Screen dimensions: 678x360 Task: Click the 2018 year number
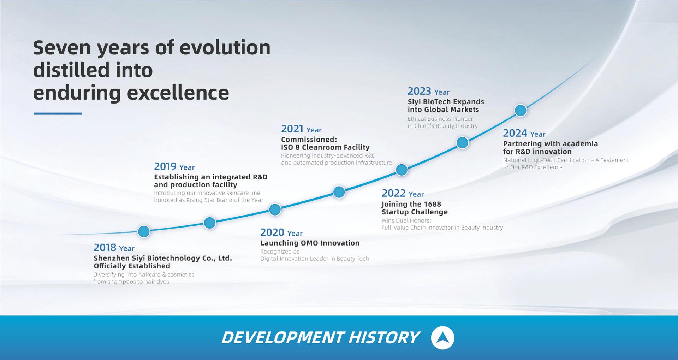(105, 247)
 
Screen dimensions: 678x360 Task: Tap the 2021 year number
(292, 129)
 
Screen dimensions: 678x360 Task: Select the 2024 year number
(515, 133)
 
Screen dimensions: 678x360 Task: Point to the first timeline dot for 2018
(144, 231)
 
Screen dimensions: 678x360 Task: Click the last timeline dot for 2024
(520, 111)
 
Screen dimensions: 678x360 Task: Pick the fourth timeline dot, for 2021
(339, 192)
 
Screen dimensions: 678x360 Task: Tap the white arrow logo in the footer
(442, 338)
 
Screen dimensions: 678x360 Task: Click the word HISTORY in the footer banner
(383, 337)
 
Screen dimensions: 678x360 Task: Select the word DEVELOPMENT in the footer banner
(282, 337)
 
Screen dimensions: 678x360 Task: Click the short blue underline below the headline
(58, 113)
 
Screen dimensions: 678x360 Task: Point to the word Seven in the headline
(62, 47)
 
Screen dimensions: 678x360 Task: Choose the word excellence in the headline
(178, 93)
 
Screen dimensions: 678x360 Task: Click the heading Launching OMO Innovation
(310, 243)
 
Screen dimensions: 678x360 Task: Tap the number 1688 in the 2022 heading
(433, 204)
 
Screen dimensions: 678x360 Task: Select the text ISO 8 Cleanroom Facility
(325, 147)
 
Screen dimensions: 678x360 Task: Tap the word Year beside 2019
(187, 167)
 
